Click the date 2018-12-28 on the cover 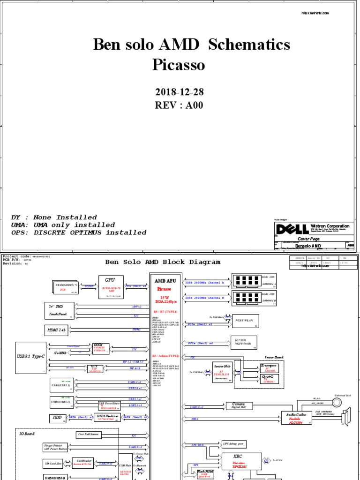pos(180,91)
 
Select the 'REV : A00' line pos(180,105)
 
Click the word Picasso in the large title pos(179,65)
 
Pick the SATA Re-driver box pos(108,417)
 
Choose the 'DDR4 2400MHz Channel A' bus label pos(204,283)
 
